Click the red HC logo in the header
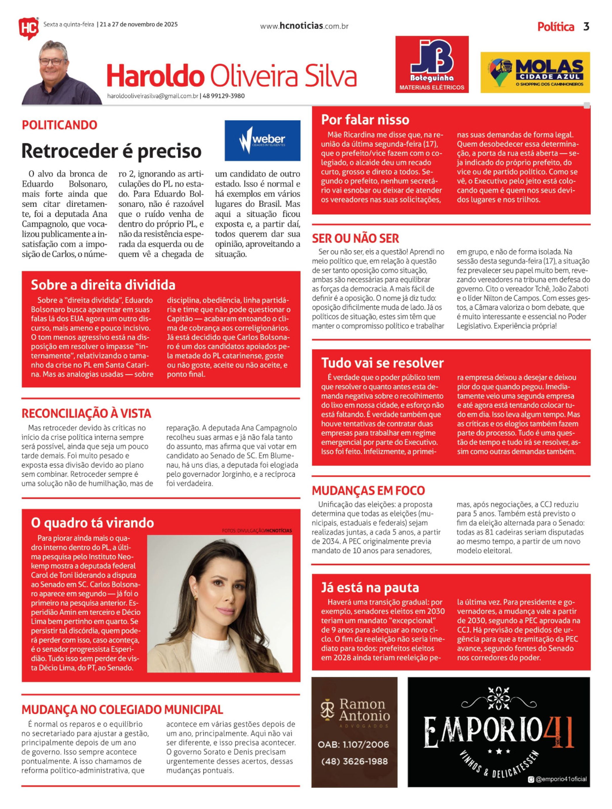point(28,28)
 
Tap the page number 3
point(586,27)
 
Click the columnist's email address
point(153,96)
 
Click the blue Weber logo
point(262,141)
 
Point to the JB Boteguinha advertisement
point(432,64)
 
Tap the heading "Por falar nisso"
point(365,120)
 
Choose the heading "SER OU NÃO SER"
point(355,239)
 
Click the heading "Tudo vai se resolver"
point(382,363)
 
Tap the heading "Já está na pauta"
point(370,588)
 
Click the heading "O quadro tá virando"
point(92,523)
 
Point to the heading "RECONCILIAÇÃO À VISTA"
point(86,414)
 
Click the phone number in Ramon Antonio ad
point(354,762)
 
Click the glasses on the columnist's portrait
point(53,62)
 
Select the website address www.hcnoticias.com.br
point(304,26)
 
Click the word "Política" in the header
point(556,27)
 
